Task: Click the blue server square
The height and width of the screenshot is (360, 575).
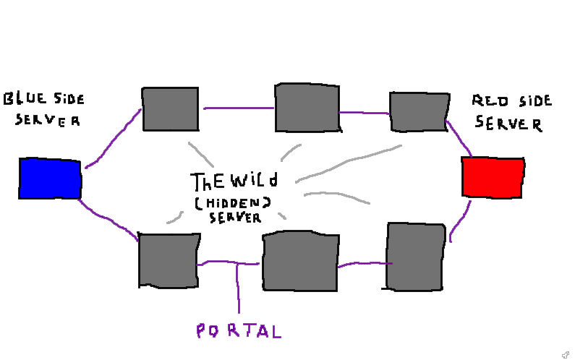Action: pyautogui.click(x=49, y=179)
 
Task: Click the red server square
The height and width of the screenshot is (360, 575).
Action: pyautogui.click(x=493, y=177)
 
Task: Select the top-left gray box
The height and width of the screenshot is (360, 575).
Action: pyautogui.click(x=170, y=109)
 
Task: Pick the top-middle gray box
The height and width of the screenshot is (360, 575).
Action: pyautogui.click(x=307, y=108)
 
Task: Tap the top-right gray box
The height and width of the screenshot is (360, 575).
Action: pyautogui.click(x=419, y=111)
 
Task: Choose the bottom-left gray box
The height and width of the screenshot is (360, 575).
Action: pyautogui.click(x=168, y=260)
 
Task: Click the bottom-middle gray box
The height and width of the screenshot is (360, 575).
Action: pyautogui.click(x=300, y=261)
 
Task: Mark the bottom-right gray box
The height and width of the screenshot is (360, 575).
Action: pyautogui.click(x=415, y=257)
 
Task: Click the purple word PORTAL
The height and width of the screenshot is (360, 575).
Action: pyautogui.click(x=238, y=331)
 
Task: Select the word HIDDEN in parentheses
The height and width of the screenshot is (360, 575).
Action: pyautogui.click(x=231, y=204)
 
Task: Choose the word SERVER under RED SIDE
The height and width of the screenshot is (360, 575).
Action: pyautogui.click(x=508, y=124)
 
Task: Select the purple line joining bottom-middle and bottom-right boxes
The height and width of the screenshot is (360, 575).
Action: pyautogui.click(x=362, y=264)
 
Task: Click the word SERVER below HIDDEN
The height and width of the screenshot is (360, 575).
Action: pyautogui.click(x=234, y=217)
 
